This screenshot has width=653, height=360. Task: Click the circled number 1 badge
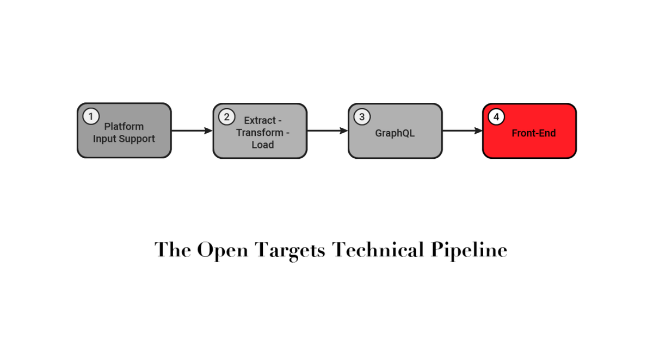point(90,116)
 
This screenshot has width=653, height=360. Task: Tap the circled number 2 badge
point(226,116)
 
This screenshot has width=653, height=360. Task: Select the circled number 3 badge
point(361,116)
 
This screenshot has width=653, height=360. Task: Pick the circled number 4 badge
point(496,117)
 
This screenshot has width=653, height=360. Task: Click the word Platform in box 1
point(124,127)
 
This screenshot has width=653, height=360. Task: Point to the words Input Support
point(124,139)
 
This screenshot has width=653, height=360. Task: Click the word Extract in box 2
point(260,120)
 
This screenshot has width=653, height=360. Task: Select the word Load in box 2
point(262,145)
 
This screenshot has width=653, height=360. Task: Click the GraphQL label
point(395,133)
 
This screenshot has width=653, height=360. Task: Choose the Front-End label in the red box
point(533,133)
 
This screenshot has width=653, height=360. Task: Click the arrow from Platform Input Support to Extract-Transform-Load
point(192,131)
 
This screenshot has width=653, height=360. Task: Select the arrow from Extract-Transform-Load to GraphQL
point(327,131)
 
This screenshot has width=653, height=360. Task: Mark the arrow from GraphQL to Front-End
point(462,131)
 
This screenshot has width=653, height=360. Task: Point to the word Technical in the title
point(378,250)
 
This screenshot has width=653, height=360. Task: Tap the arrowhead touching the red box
point(478,131)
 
